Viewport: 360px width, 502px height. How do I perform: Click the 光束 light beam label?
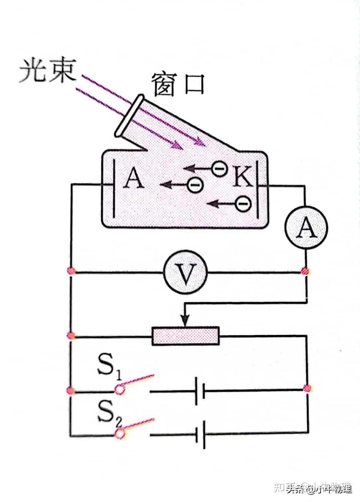pyautogui.click(x=47, y=70)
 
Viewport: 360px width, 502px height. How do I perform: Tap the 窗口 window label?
pyautogui.click(x=178, y=85)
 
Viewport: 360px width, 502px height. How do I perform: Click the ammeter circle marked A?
pyautogui.click(x=306, y=228)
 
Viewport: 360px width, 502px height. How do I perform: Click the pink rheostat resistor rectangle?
pyautogui.click(x=186, y=336)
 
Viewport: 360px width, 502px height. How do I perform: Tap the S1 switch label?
pyautogui.click(x=109, y=367)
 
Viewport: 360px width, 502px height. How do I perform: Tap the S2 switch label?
pyautogui.click(x=109, y=413)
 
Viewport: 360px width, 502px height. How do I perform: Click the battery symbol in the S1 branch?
pyautogui.click(x=200, y=391)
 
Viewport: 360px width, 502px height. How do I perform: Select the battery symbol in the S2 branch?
pyautogui.click(x=200, y=434)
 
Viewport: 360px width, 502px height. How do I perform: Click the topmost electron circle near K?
pyautogui.click(x=220, y=169)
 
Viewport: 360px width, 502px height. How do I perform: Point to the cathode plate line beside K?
pyautogui.click(x=257, y=189)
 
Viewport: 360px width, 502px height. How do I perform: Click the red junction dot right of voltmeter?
pyautogui.click(x=305, y=271)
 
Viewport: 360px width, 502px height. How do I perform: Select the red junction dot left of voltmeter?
pyautogui.click(x=71, y=271)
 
